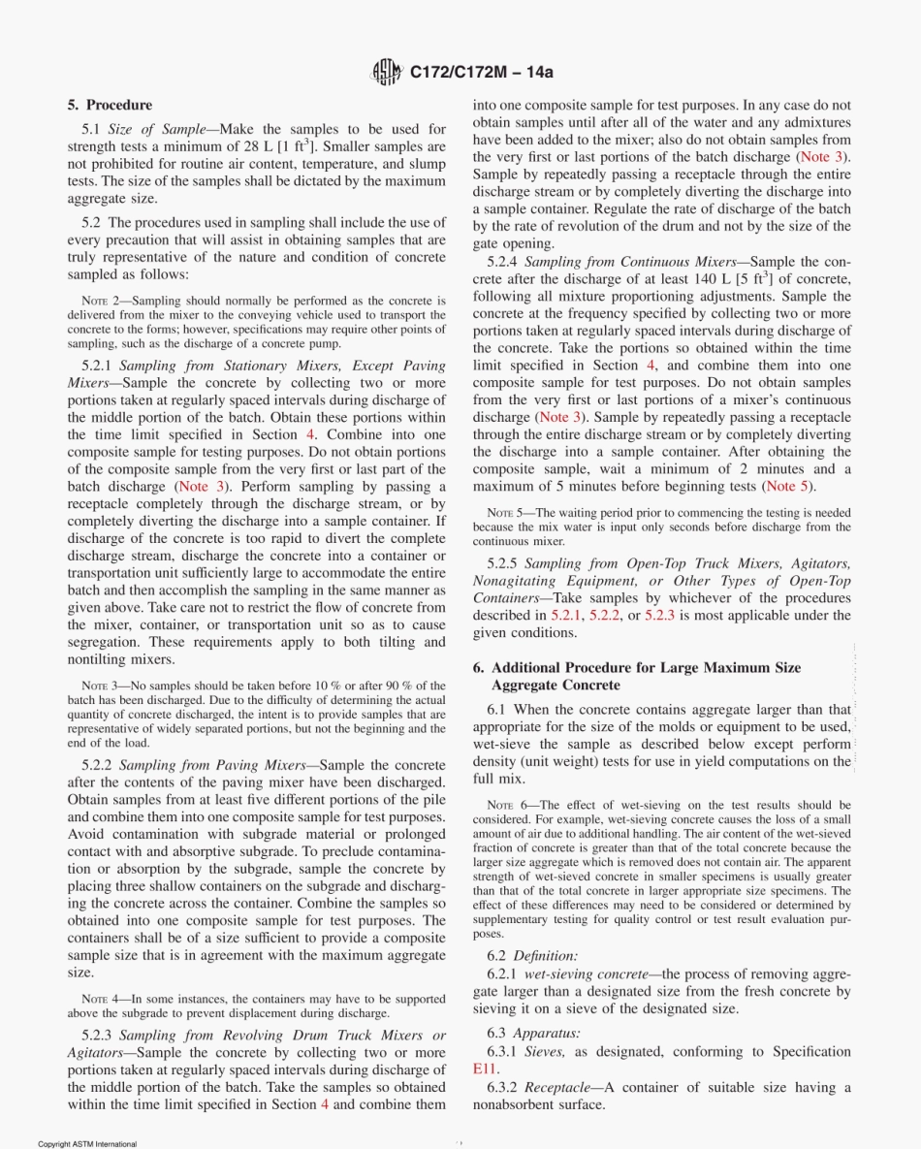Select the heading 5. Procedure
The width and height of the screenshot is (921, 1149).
pyautogui.click(x=110, y=105)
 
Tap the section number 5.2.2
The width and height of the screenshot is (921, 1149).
pyautogui.click(x=98, y=765)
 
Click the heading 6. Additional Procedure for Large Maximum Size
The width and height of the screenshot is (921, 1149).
pyautogui.click(x=637, y=668)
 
